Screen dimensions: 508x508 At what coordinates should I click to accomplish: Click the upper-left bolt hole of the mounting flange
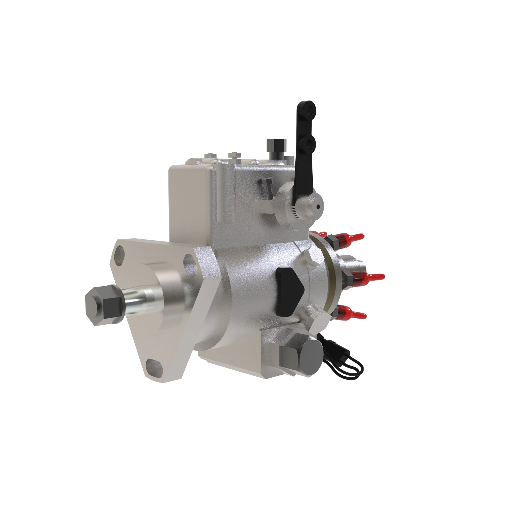point(119,253)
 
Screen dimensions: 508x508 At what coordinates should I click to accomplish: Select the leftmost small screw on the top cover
point(210,155)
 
